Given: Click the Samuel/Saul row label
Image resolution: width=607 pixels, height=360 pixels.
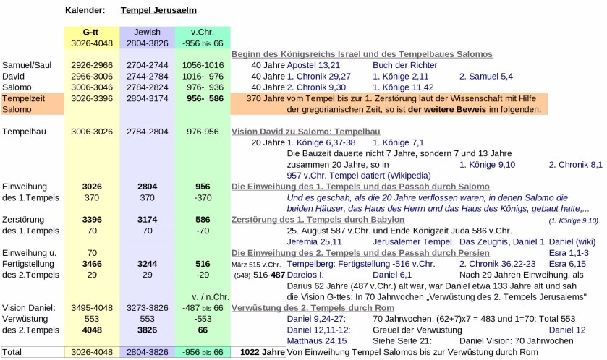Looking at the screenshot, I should click(x=27, y=64).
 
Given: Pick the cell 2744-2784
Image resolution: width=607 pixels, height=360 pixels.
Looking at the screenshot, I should click(x=147, y=75).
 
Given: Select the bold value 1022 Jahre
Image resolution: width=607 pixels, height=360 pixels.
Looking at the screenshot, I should click(x=261, y=352).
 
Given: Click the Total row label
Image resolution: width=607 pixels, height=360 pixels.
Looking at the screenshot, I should click(x=14, y=352).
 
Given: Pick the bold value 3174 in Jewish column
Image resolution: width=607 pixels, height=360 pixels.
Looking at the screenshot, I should click(x=147, y=219).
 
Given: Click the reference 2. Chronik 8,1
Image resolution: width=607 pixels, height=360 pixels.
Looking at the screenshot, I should click(x=575, y=164).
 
